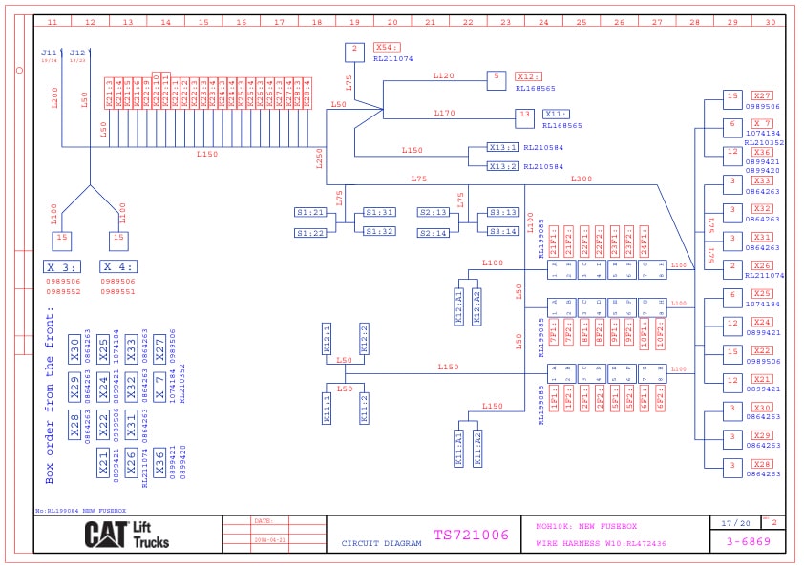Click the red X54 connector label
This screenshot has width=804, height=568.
(387, 47)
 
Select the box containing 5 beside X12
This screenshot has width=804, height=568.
(496, 80)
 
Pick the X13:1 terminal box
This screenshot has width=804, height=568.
(502, 148)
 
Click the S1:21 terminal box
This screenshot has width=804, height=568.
(310, 213)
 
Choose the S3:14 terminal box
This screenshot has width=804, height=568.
(503, 231)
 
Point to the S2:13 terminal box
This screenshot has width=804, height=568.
(434, 213)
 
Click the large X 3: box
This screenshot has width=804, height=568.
(63, 267)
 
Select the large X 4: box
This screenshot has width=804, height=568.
(117, 267)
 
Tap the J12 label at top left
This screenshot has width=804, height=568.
(78, 53)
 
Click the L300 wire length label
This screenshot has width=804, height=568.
(582, 179)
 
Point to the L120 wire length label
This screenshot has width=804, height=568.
(444, 74)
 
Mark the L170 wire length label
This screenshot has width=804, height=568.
(444, 113)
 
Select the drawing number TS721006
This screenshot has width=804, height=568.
(471, 536)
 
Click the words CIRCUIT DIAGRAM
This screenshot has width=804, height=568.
(382, 544)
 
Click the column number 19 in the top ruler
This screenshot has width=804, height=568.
(354, 21)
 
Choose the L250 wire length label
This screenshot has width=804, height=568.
(321, 158)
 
